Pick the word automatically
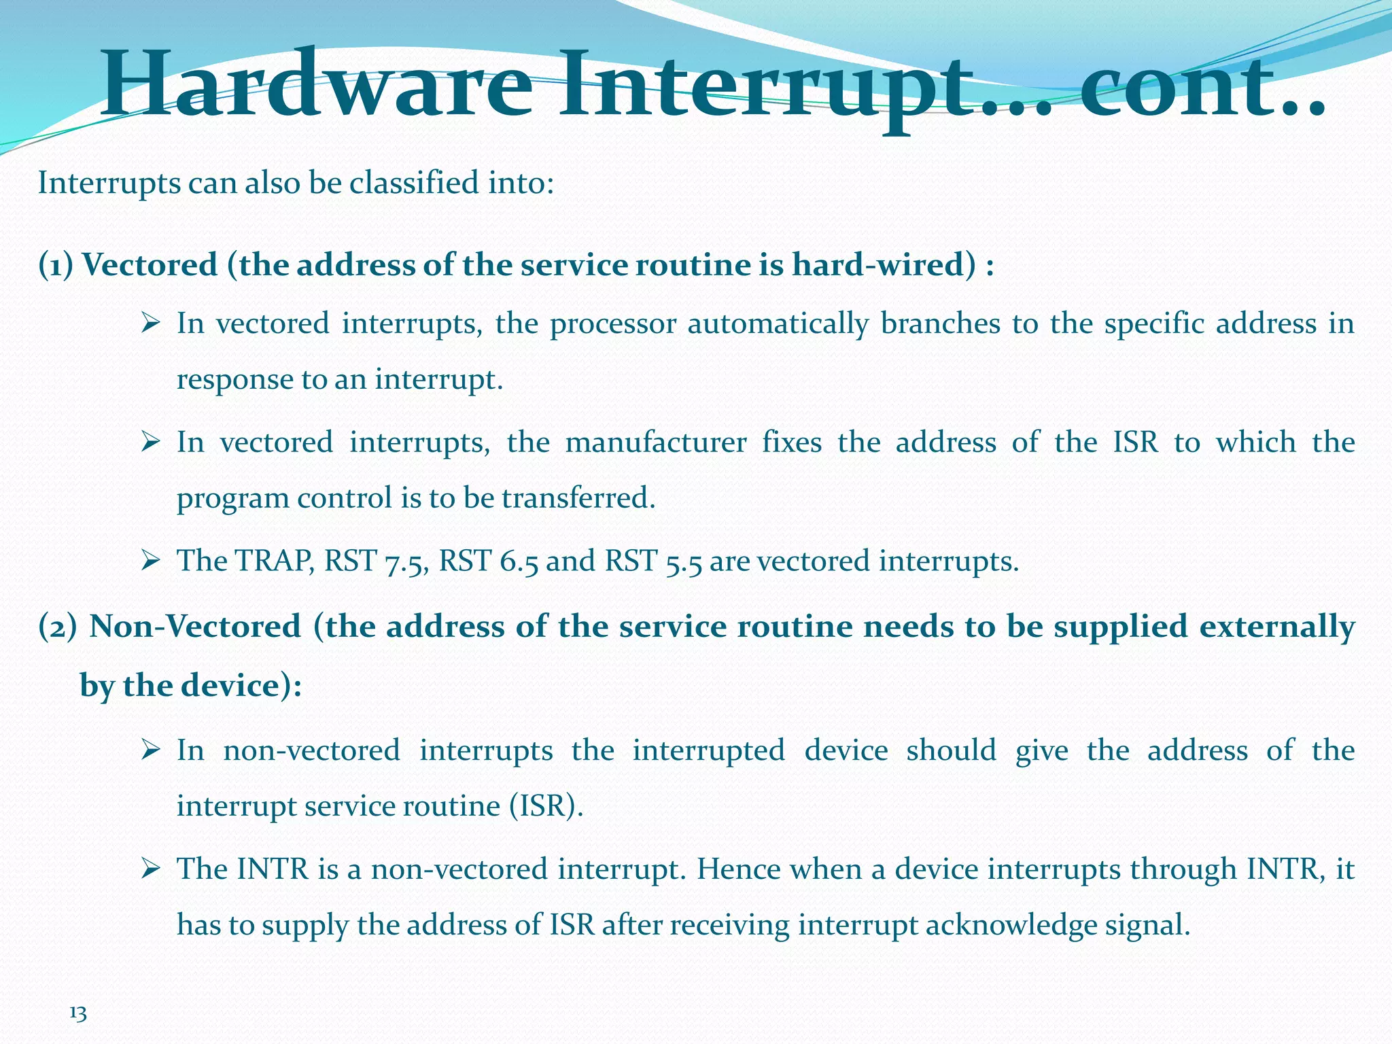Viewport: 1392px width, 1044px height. [x=778, y=324]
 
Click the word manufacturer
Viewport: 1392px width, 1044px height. [x=656, y=442]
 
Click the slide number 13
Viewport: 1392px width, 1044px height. [x=78, y=1014]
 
